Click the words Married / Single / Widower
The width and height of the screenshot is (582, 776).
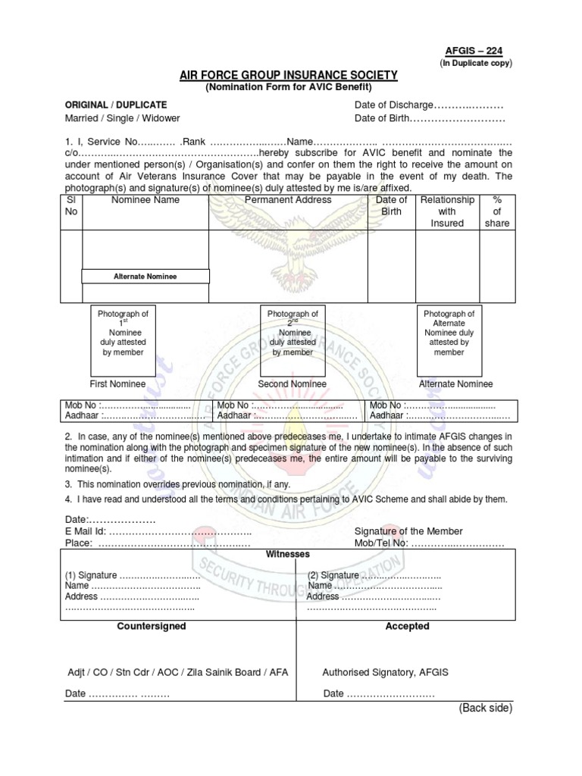122,119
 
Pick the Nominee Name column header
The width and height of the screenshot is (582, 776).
145,200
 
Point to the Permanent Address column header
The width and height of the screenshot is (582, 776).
288,200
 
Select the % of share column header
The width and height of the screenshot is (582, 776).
497,211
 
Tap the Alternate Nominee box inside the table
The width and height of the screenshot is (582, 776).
145,277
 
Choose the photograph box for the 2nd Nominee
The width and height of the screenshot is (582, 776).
293,338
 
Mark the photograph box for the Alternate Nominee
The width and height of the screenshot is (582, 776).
449,338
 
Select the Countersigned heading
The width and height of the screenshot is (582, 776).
152,627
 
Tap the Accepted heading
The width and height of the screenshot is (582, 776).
407,627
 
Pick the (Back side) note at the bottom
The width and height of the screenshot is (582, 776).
485,708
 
